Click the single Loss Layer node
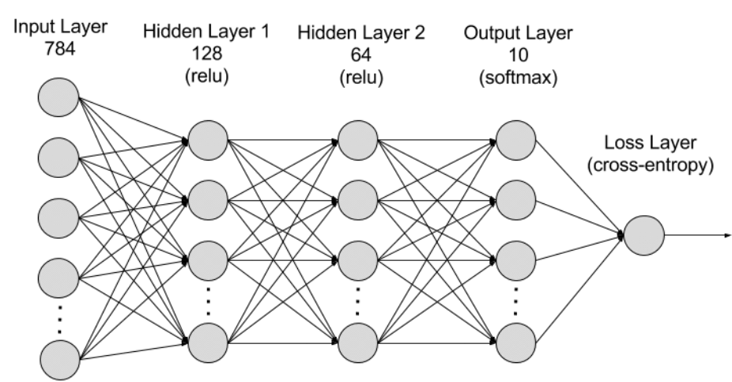pyautogui.click(x=643, y=235)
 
